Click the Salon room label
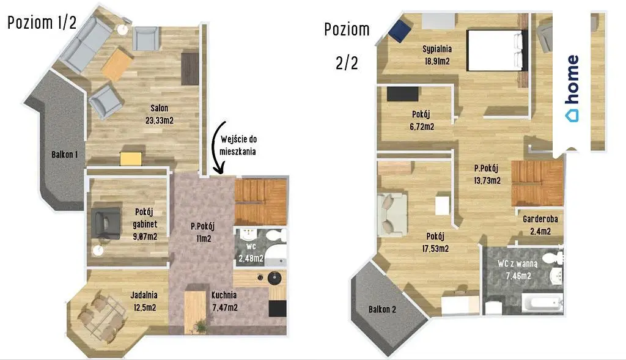coord(160,108)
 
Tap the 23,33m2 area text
coord(160,120)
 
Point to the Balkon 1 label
coord(64,155)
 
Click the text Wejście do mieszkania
coord(238,145)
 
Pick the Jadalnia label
coord(144,295)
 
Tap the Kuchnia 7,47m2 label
coord(224,301)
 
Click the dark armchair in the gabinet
coord(106,223)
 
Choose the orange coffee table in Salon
coord(117,64)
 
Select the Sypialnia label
coord(437,49)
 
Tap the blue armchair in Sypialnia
coord(400,31)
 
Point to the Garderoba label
coord(540,219)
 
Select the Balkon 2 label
coord(382,309)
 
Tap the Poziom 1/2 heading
coord(42,23)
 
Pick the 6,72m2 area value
coord(422,127)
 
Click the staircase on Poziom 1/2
coord(261,202)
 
